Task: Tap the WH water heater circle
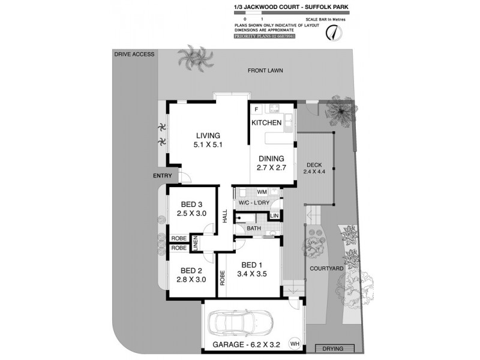pyautogui.click(x=293, y=344)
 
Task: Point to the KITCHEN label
pyautogui.click(x=266, y=122)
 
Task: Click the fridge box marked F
pyautogui.click(x=256, y=109)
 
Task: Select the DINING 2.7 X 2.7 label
pyautogui.click(x=271, y=163)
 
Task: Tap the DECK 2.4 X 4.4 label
pyautogui.click(x=314, y=169)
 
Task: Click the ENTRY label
pyautogui.click(x=161, y=176)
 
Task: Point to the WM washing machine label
pyautogui.click(x=262, y=192)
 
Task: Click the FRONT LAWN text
pyautogui.click(x=265, y=70)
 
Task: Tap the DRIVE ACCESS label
pyautogui.click(x=134, y=54)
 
